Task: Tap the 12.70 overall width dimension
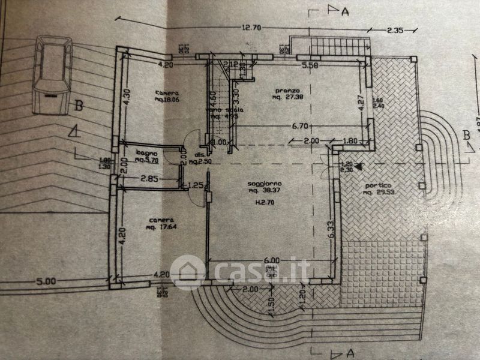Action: [x=254, y=27]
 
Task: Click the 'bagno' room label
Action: [x=146, y=153]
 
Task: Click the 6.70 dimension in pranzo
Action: [x=299, y=126]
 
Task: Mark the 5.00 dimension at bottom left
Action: [x=46, y=280]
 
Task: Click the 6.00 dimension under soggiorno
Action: [x=271, y=260]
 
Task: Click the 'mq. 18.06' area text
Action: [x=167, y=101]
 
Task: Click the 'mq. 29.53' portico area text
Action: [x=377, y=193]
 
